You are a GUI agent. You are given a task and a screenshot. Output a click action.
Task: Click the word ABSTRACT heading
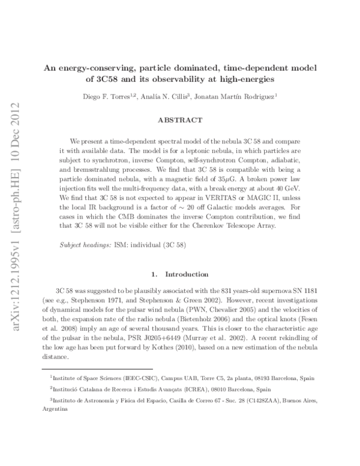click(179, 120)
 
